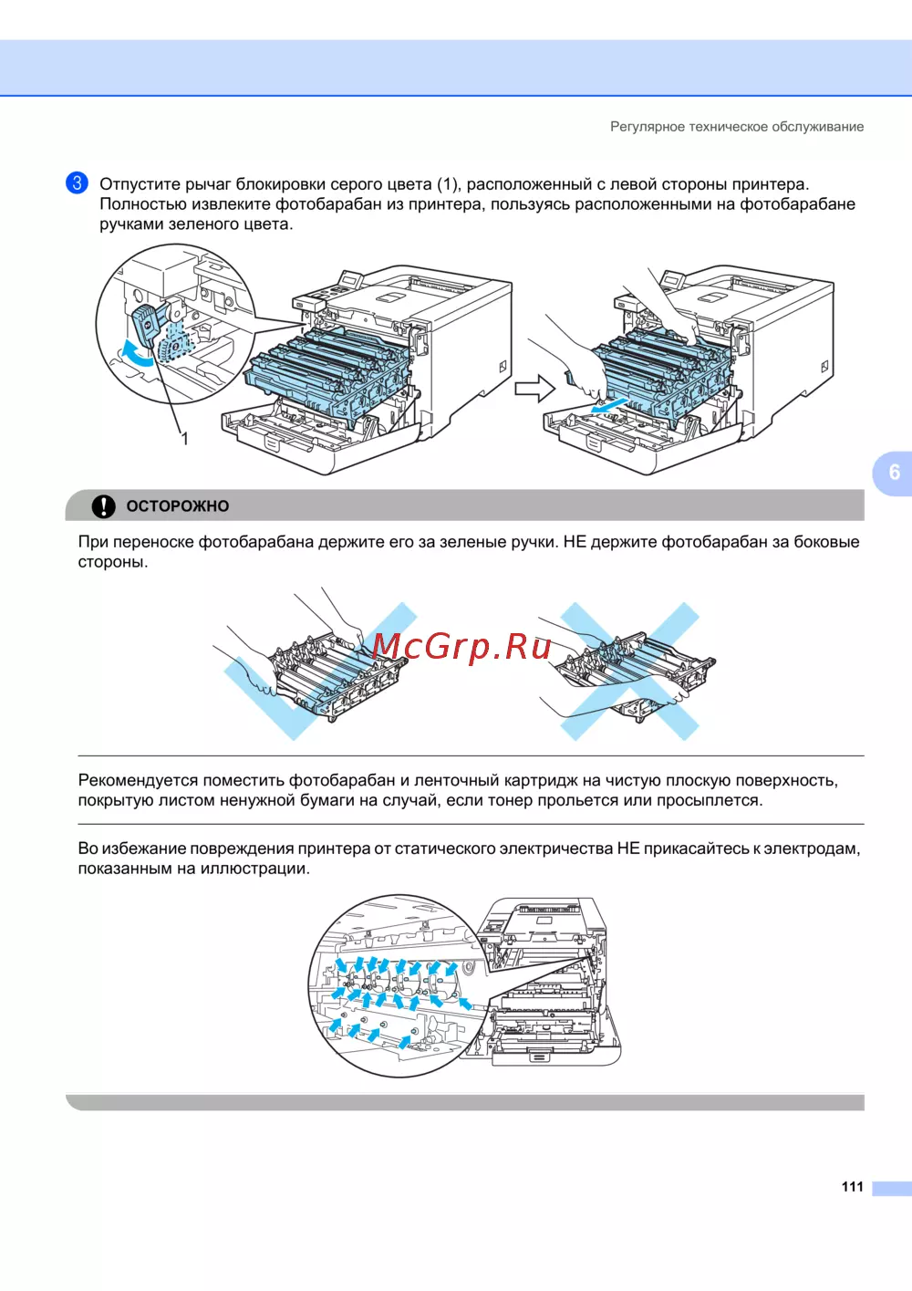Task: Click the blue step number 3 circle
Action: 77,182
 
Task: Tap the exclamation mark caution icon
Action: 104,505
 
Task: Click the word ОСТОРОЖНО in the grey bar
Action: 178,506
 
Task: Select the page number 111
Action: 852,1186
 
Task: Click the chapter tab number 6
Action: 894,473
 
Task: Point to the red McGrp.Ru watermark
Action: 461,647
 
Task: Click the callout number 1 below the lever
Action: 185,439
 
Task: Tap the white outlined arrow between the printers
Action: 534,389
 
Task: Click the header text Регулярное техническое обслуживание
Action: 737,126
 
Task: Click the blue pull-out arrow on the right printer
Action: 609,405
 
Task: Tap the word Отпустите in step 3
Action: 139,184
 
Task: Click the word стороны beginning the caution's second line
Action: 113,562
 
